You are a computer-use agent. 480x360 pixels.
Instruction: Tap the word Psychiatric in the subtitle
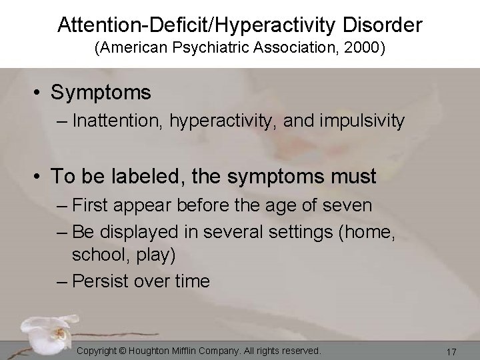pyautogui.click(x=217, y=51)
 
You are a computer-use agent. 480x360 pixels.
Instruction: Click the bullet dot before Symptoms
pyautogui.click(x=41, y=93)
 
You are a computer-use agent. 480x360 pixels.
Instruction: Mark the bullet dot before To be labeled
pyautogui.click(x=41, y=177)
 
